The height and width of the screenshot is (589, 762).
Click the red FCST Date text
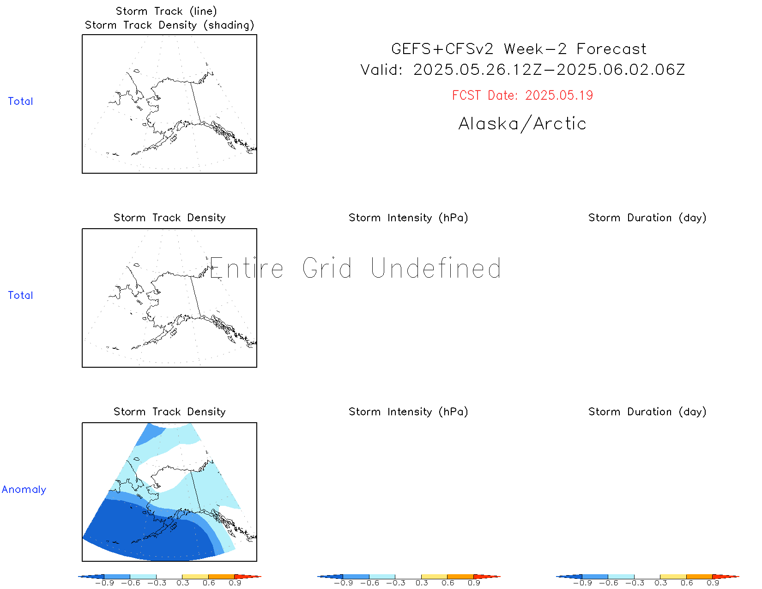[x=522, y=95]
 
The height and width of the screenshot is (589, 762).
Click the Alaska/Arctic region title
[x=522, y=123]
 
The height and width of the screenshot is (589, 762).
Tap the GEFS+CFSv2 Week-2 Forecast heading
[x=519, y=49]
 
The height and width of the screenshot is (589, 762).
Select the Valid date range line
[x=522, y=69]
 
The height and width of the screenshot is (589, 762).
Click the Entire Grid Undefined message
[x=355, y=268]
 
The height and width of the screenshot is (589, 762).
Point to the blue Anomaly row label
[x=24, y=489]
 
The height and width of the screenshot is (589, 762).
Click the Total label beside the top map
[x=20, y=101]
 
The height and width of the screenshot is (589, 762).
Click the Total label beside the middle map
[x=20, y=295]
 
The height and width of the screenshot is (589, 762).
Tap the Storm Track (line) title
[x=166, y=11]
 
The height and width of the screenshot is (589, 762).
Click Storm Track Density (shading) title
[x=169, y=25]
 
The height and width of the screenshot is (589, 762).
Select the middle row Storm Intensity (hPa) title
[x=408, y=218]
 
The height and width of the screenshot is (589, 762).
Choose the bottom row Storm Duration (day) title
[x=647, y=412]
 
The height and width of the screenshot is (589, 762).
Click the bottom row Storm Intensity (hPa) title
[x=408, y=412]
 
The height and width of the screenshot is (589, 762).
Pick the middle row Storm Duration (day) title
[x=647, y=218]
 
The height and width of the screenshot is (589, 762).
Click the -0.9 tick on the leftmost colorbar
[x=104, y=583]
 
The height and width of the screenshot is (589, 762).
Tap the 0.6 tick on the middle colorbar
[x=448, y=583]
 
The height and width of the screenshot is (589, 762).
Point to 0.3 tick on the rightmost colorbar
[x=661, y=583]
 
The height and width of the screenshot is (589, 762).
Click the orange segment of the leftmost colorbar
[x=221, y=577]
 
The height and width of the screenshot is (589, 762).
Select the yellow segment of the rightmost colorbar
[x=673, y=577]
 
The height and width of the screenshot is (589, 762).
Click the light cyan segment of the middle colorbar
[x=382, y=577]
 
